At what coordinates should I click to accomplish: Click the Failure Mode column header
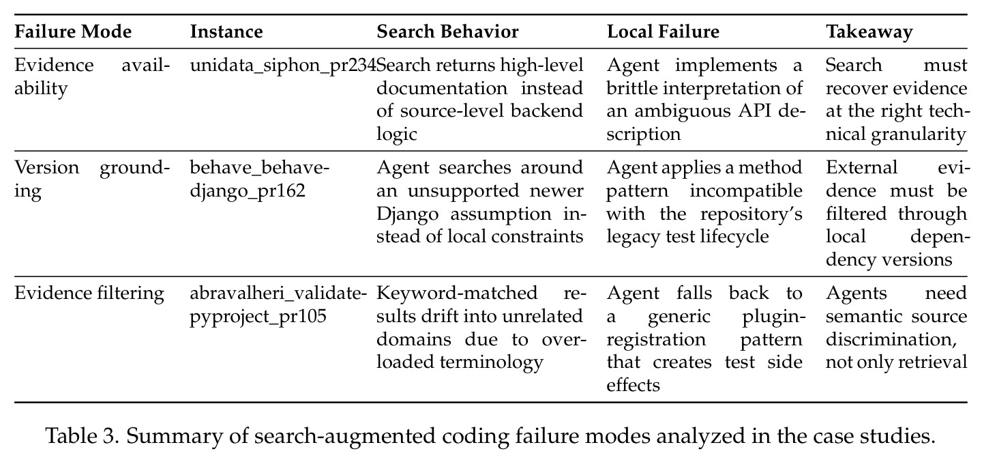(x=73, y=31)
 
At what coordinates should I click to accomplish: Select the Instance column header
(x=226, y=31)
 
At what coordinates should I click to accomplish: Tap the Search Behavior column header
(x=447, y=31)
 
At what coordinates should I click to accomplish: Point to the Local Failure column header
(x=663, y=31)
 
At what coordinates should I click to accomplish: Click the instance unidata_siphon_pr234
(x=283, y=66)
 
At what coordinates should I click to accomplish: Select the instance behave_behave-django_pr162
(x=259, y=179)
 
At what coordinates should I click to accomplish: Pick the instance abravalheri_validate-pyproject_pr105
(x=278, y=304)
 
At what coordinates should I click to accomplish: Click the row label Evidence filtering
(x=89, y=293)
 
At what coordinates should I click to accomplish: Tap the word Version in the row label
(x=47, y=168)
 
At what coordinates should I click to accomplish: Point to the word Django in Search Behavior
(x=407, y=214)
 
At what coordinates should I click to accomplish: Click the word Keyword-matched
(x=457, y=293)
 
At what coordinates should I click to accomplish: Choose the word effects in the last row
(x=633, y=385)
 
